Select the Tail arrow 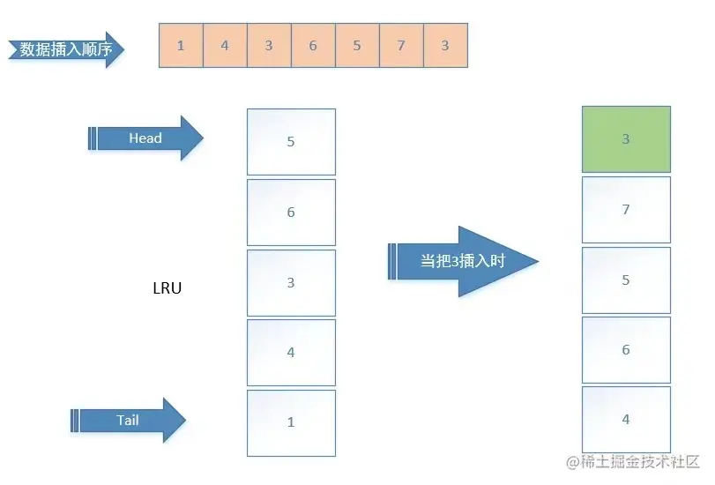click(x=130, y=421)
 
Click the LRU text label click(x=168, y=287)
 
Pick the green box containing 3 click(x=626, y=139)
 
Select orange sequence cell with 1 click(x=181, y=46)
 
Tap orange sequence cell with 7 click(x=401, y=46)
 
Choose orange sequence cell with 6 click(x=313, y=46)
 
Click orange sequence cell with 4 click(x=225, y=46)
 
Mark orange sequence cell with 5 click(x=357, y=46)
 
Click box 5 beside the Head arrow click(x=291, y=141)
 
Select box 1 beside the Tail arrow click(x=291, y=422)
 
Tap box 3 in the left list click(x=291, y=282)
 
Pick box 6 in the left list click(x=291, y=212)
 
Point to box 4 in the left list click(x=291, y=353)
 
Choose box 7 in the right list click(x=626, y=210)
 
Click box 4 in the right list click(x=626, y=420)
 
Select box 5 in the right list click(x=626, y=280)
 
